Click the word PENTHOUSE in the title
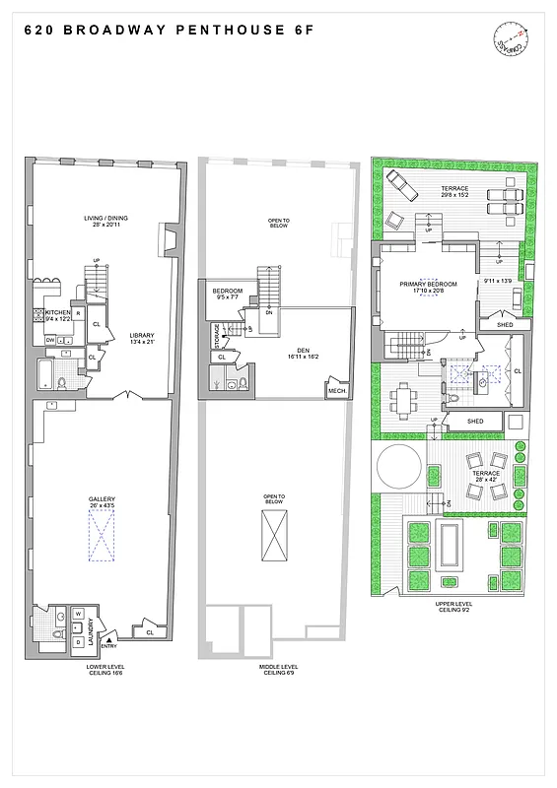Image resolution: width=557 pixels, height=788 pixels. pos(198,31)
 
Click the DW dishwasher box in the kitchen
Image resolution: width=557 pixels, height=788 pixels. pos(50,340)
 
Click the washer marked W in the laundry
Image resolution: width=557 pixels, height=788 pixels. pos(78,614)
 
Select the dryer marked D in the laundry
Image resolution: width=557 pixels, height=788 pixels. pos(78,641)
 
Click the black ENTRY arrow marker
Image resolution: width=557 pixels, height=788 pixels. pos(107,636)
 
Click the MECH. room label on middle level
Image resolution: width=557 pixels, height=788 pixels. pos(335,391)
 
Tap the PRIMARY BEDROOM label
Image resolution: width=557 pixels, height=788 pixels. pos(426,284)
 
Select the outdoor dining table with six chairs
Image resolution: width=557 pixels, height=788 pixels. pos(405,399)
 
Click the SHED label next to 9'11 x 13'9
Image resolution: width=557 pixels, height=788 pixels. pos(505,324)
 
